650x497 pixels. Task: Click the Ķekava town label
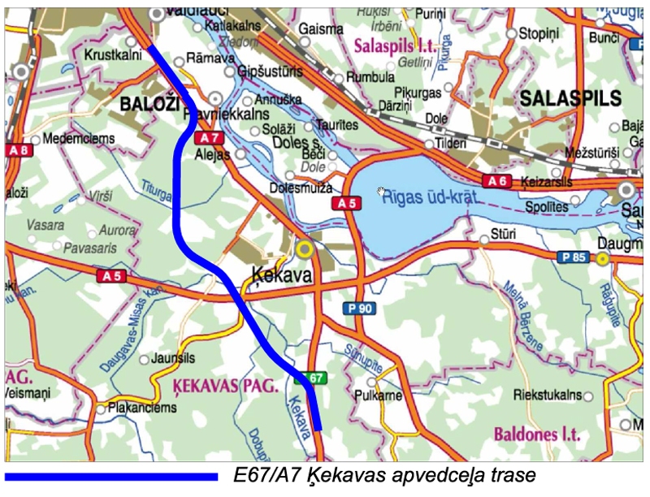(282, 275)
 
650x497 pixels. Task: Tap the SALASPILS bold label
(571, 99)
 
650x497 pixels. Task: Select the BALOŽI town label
(151, 104)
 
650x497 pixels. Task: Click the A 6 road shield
(496, 180)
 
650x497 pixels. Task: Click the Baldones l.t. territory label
(537, 434)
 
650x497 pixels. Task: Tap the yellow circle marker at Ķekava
(305, 248)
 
